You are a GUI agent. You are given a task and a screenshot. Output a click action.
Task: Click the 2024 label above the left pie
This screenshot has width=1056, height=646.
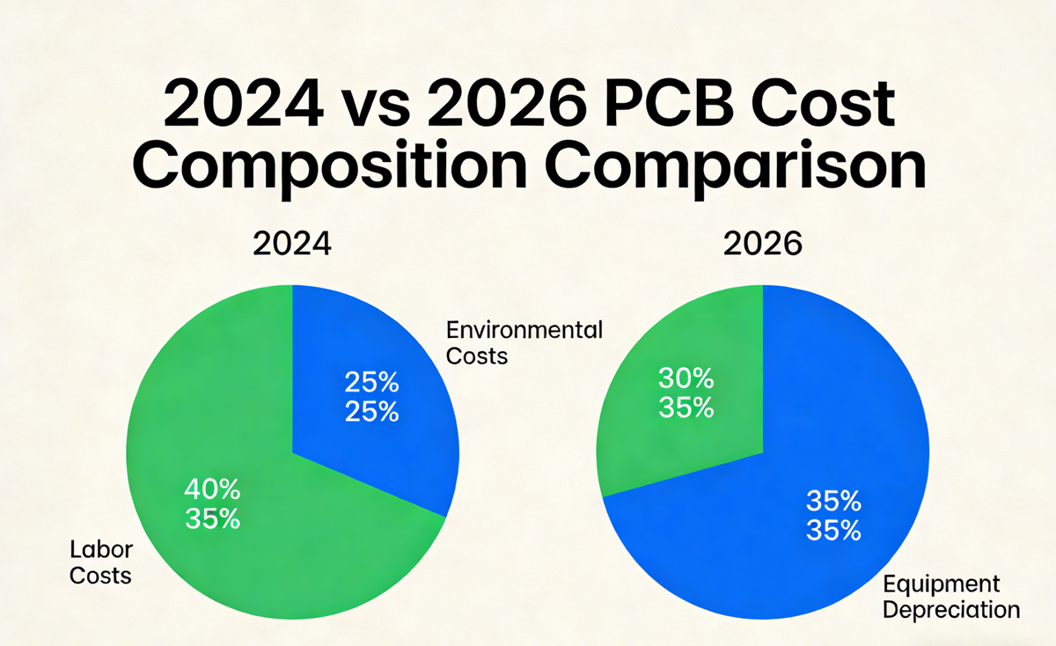click(292, 244)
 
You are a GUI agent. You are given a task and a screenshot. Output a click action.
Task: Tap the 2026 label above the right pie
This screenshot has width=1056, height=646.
click(763, 244)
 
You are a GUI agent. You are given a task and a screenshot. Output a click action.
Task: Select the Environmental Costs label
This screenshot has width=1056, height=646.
click(524, 343)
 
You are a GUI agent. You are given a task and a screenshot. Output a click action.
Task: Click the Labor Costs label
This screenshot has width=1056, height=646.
click(100, 563)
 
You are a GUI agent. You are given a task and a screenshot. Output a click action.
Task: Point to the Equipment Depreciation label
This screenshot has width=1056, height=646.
click(950, 597)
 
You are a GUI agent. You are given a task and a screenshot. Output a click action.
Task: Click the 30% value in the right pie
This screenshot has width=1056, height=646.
click(686, 379)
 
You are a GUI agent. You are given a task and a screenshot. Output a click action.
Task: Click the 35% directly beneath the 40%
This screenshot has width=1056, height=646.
click(212, 519)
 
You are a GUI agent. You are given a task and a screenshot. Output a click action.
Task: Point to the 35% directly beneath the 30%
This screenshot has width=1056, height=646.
click(686, 408)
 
